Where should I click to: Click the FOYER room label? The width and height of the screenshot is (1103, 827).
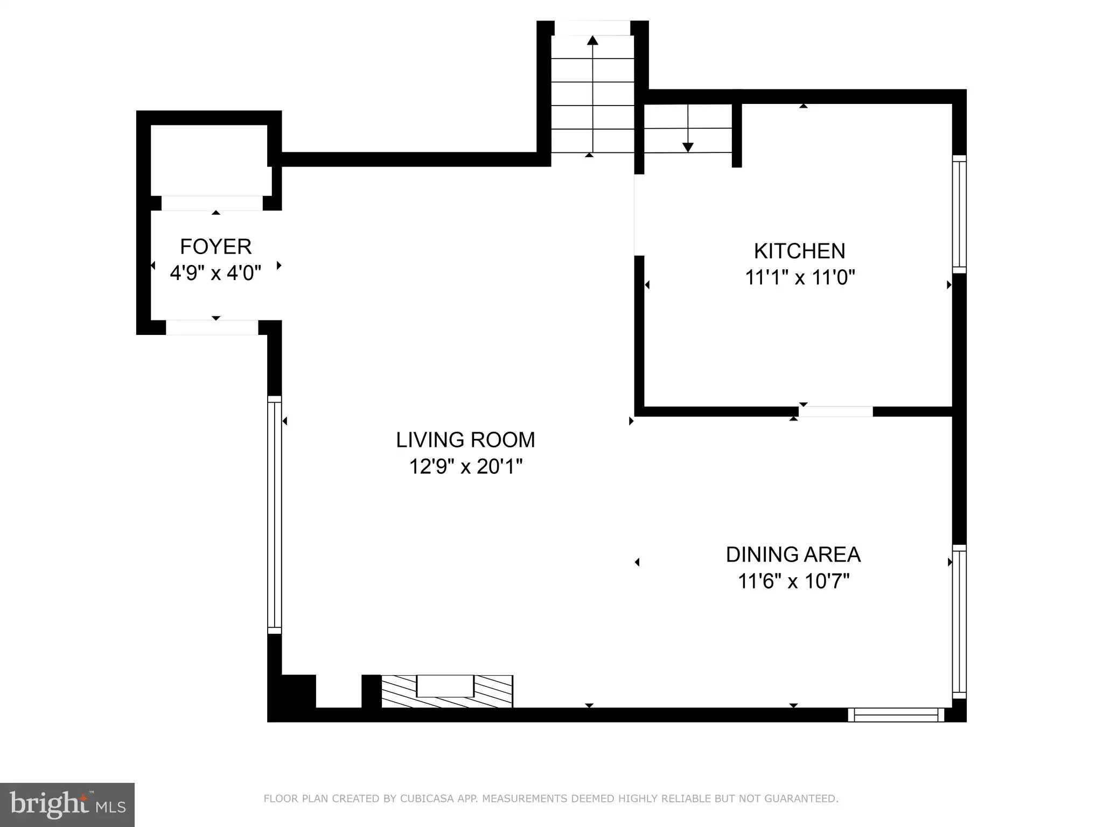[215, 247]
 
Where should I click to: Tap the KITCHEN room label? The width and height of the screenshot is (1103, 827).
[799, 251]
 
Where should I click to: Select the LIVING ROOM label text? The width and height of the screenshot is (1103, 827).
[465, 440]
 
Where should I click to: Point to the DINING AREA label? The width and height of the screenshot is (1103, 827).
[793, 555]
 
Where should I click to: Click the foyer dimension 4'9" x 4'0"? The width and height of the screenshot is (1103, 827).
[215, 273]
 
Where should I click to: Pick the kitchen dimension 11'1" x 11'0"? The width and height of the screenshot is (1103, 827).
[800, 277]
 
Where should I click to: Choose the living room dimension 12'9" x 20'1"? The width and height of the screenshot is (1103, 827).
[466, 466]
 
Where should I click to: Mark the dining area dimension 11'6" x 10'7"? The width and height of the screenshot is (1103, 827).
[793, 581]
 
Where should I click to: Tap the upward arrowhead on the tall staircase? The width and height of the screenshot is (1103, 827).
[592, 40]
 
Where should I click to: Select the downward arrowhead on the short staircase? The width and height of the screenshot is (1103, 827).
[688, 147]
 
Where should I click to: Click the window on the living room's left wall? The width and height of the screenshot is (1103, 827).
[275, 515]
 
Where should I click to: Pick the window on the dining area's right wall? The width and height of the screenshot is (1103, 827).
[959, 622]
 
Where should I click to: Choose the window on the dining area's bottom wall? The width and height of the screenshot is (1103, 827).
[896, 714]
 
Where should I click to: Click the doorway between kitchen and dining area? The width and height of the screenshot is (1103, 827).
[835, 411]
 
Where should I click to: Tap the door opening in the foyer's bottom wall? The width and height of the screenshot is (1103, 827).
[212, 327]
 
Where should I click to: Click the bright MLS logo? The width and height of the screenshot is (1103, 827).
[67, 804]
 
